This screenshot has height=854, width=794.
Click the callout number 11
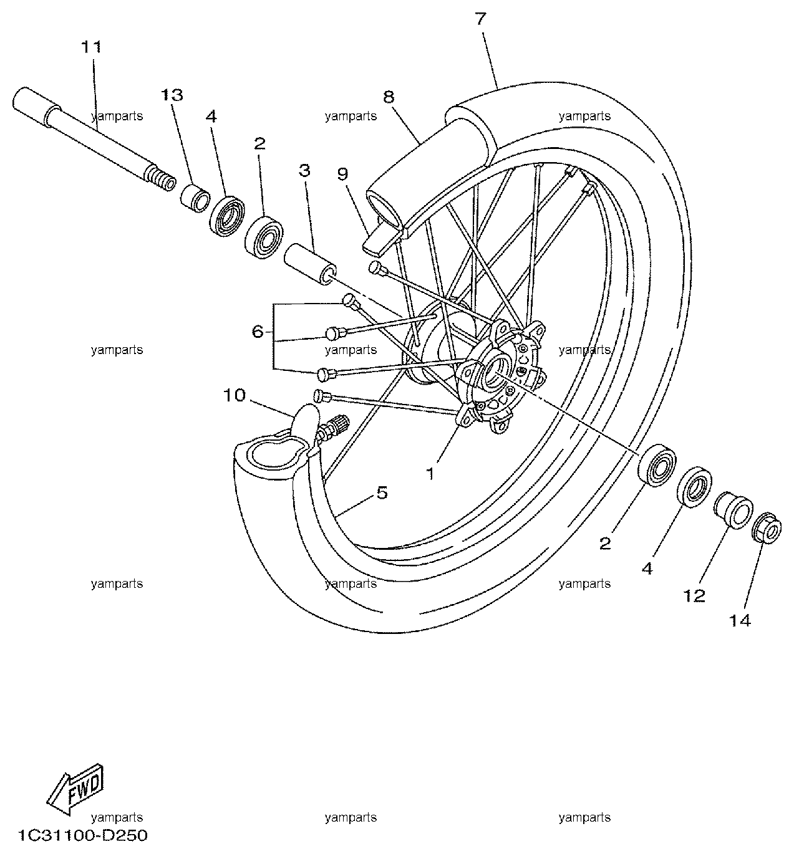pos(92,47)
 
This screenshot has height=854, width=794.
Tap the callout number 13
pos(172,95)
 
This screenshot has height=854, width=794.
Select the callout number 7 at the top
pos(481,19)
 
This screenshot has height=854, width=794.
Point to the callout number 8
pos(389,97)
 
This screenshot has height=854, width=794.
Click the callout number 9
pos(342,174)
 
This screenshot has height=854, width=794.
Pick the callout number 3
pos(305,171)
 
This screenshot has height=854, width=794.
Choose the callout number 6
pos(258,332)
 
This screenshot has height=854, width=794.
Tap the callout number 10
pos(235,395)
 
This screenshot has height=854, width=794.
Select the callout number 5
pos(382,493)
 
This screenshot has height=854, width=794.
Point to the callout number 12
pos(695,596)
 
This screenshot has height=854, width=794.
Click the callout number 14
pos(740,620)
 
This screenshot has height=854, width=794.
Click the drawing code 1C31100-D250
pos(83,835)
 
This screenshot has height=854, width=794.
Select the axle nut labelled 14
pos(767,528)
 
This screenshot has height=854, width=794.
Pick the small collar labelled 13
pos(195,198)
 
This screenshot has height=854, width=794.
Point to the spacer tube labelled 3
pos(310,264)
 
